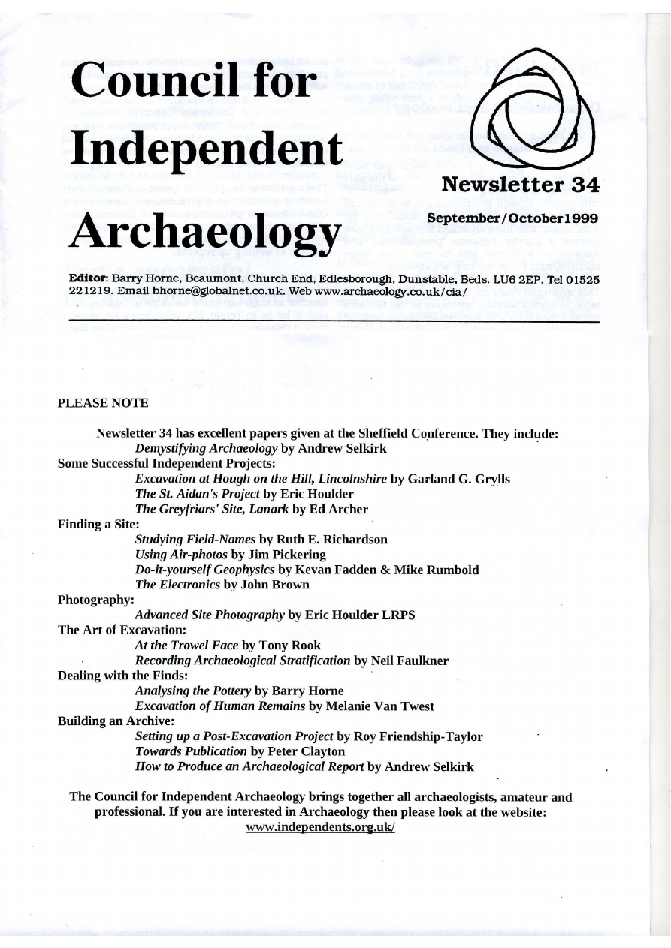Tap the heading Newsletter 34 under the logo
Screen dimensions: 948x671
coord(520,185)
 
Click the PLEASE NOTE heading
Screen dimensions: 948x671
coord(103,403)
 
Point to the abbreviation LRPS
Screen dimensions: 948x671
coord(397,615)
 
